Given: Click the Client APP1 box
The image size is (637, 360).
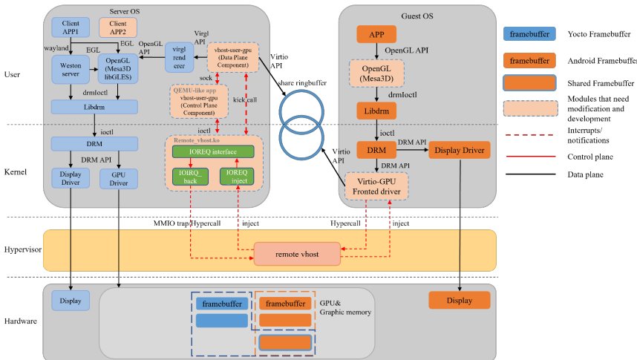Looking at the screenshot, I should [71, 28].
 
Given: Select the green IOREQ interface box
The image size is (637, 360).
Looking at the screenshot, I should [213, 151].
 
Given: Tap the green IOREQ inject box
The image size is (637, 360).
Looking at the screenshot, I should [238, 177].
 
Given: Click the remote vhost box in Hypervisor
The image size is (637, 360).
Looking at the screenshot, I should [297, 254].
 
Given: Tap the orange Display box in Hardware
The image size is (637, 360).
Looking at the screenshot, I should [459, 300].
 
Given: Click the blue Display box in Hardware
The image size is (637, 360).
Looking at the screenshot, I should [71, 300].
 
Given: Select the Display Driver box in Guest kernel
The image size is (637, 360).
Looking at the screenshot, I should [459, 150].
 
